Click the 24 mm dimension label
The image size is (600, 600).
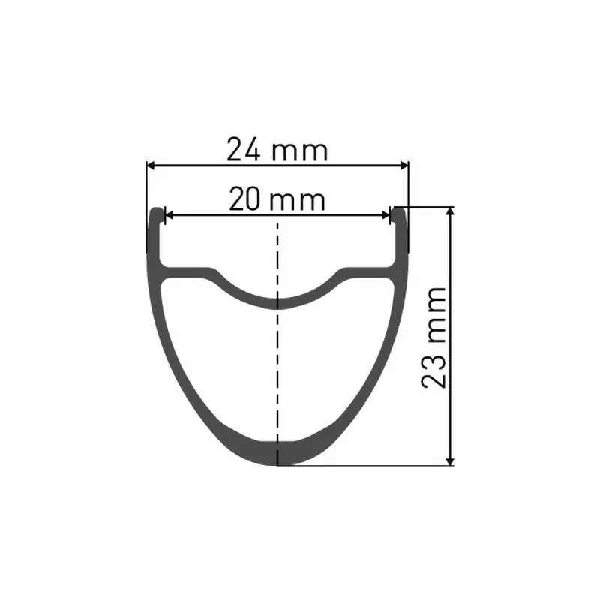click(277, 151)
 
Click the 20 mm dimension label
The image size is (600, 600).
click(277, 201)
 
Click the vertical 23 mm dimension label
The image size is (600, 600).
click(435, 335)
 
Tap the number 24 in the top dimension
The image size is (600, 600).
click(244, 151)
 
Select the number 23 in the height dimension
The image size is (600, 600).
click(435, 369)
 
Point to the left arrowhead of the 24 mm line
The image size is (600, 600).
click(150, 165)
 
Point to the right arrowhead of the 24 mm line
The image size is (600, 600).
click(405, 165)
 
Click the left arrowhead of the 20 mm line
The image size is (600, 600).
click(168, 215)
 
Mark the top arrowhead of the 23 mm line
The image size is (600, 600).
click(451, 211)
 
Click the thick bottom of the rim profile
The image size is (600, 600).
click(279, 452)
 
